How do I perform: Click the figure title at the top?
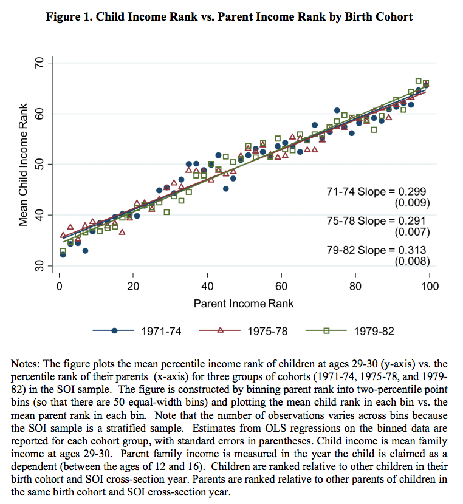coord(229,16)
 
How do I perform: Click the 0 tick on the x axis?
coord(59,286)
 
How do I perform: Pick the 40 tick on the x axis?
coord(207,286)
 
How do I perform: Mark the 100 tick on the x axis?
coord(429,286)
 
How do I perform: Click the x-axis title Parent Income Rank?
coord(244,302)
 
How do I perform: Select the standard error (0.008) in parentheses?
coord(412,261)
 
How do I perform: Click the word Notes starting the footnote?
coord(26,364)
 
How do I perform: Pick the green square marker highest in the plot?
coord(418,81)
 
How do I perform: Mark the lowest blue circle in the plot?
coord(63,254)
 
